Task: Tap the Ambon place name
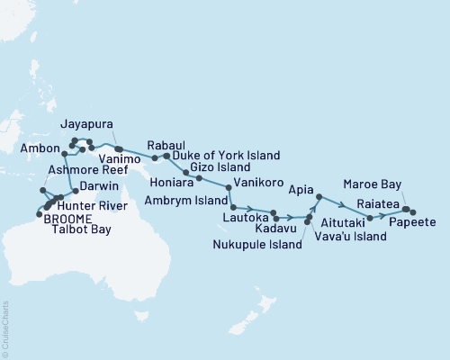(40, 148)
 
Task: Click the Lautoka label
(245, 218)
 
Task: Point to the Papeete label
(414, 222)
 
